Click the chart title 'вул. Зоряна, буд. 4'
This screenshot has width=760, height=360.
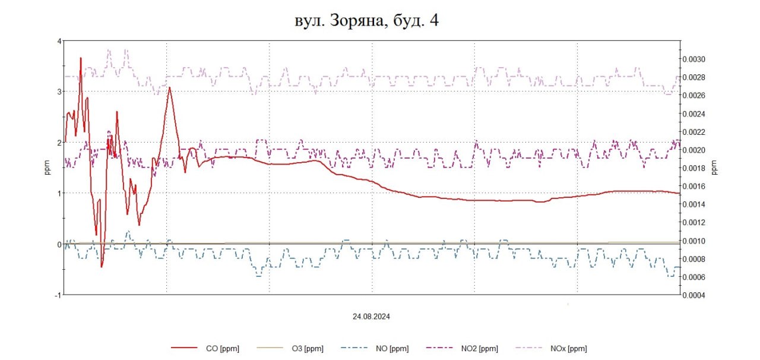(366, 21)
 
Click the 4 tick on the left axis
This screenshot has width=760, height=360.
(59, 41)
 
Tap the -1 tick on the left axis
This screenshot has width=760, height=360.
(58, 295)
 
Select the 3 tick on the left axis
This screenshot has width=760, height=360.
(59, 91)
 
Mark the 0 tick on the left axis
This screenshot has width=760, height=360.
(59, 244)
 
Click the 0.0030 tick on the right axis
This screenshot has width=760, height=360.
(693, 59)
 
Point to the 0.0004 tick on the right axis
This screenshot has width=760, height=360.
(693, 295)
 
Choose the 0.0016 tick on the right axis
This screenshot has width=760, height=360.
(693, 187)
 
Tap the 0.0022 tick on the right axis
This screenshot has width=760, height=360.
(693, 132)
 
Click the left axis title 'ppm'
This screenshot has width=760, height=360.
(47, 168)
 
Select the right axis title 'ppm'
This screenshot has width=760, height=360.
(715, 168)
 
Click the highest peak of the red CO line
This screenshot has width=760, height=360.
(81, 58)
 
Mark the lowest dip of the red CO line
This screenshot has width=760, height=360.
(102, 267)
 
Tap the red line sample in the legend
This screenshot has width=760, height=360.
(183, 349)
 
